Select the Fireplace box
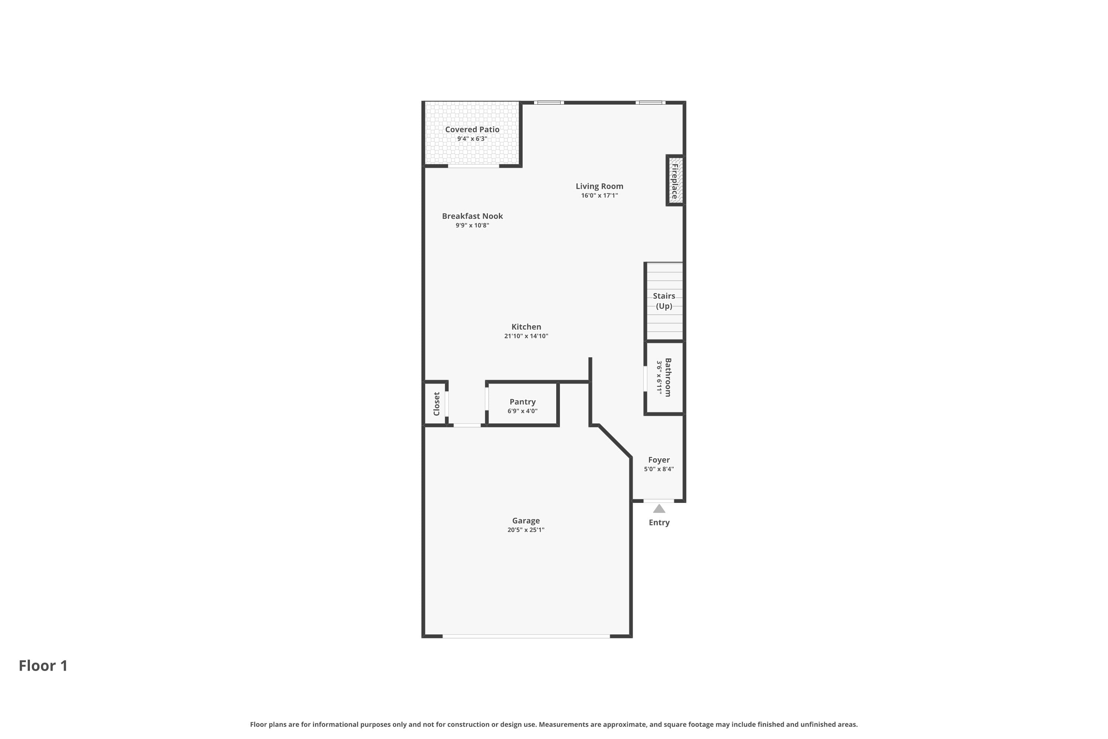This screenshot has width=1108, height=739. pyautogui.click(x=675, y=181)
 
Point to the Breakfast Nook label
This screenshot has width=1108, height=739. pyautogui.click(x=472, y=216)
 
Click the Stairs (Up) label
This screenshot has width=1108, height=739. pyautogui.click(x=664, y=301)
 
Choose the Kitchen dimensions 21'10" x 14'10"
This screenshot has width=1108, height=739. pyautogui.click(x=526, y=336)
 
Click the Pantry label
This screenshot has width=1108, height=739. pyautogui.click(x=523, y=402)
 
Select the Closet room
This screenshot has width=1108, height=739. pyautogui.click(x=436, y=404)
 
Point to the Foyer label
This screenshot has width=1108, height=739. pyautogui.click(x=659, y=460)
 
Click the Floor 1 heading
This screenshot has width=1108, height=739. pyautogui.click(x=43, y=666)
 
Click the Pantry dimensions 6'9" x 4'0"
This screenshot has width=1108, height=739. pyautogui.click(x=523, y=411)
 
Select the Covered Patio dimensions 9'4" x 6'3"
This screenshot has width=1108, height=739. pyautogui.click(x=472, y=139)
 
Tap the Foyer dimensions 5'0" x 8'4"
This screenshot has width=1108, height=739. pyautogui.click(x=659, y=469)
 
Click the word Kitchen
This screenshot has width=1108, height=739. pyautogui.click(x=526, y=327)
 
